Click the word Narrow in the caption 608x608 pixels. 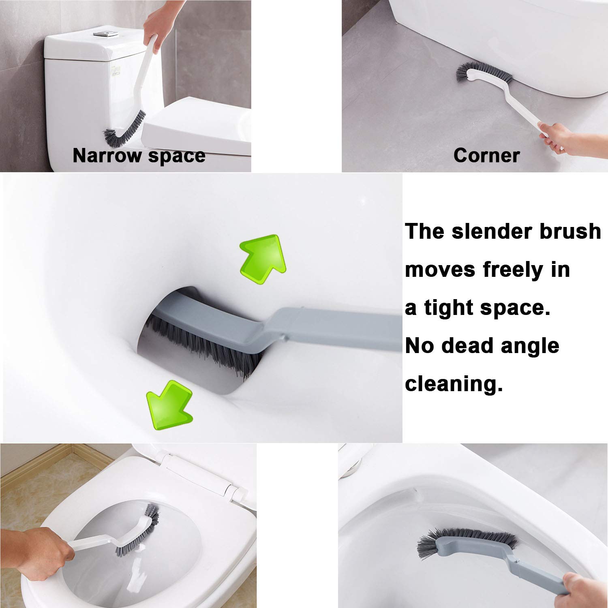tap(107, 155)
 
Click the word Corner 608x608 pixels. tap(486, 155)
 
